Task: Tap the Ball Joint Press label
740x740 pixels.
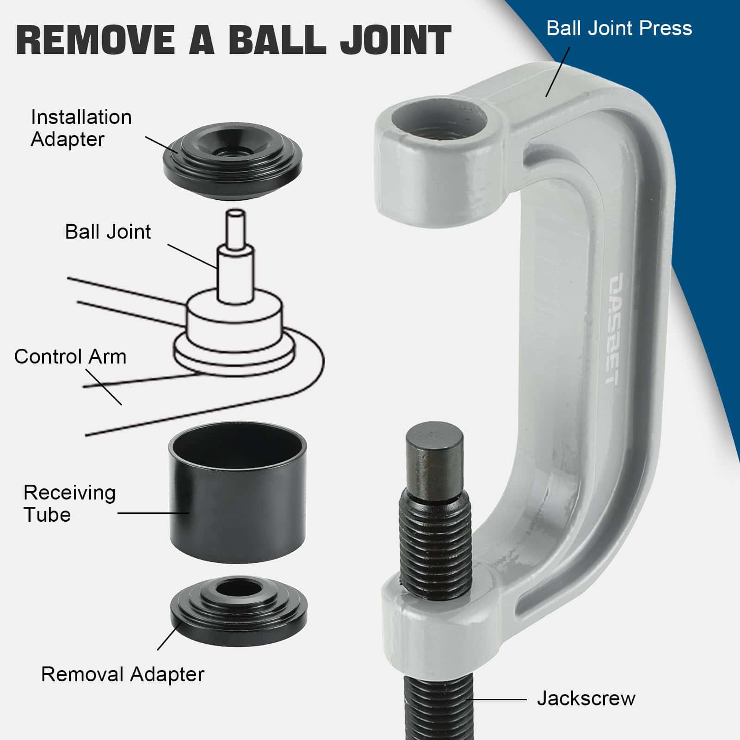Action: point(619,28)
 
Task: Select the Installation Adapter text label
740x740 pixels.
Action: point(81,128)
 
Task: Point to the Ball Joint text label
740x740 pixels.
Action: point(108,232)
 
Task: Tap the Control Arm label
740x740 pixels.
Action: point(70,357)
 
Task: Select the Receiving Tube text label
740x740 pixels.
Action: point(69,504)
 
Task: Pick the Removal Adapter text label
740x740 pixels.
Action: point(123,674)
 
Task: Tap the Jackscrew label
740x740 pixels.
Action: point(586,698)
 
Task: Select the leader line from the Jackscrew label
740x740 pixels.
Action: point(497,699)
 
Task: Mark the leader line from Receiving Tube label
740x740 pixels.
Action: point(154,512)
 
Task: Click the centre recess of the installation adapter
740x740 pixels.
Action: point(233,152)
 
